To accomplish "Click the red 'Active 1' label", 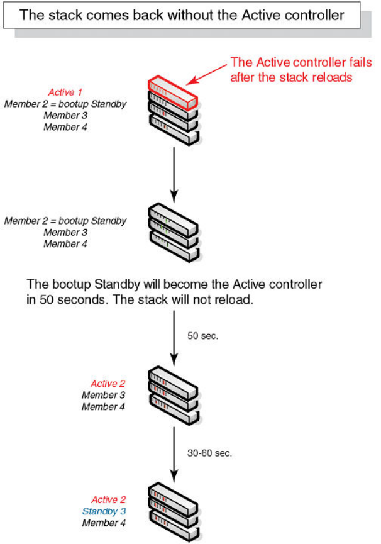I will pos(65,92).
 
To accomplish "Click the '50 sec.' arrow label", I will pos(202,336).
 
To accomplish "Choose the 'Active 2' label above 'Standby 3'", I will pos(108,499).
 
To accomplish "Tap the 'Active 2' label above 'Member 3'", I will pos(108,384).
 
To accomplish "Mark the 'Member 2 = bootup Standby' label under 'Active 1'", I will pos(65,104).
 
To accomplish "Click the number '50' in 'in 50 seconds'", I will pos(43,300).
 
